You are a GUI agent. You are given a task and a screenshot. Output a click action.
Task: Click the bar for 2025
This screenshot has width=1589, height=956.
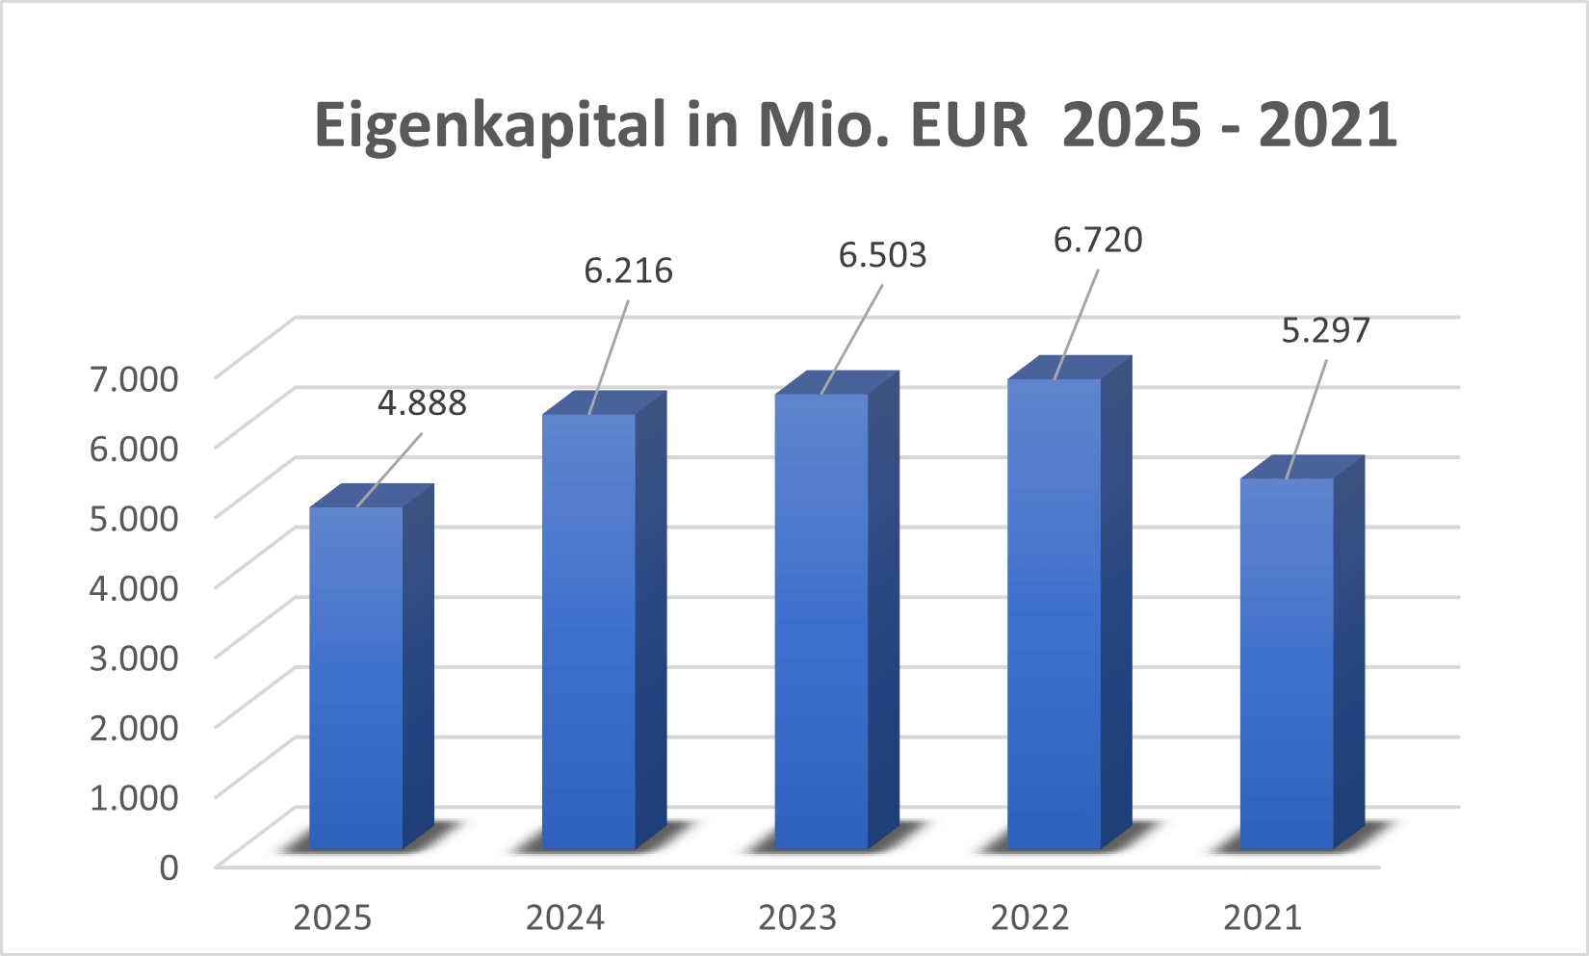click(356, 679)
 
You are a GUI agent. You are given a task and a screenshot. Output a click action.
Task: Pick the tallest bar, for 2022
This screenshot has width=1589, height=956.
click(1054, 615)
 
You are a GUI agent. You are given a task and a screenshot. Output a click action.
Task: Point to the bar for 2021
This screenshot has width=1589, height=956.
click(1287, 664)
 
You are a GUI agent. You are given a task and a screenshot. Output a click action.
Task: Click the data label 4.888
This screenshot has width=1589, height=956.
click(422, 403)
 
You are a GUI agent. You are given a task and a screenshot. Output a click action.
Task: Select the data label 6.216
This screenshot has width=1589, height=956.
click(628, 271)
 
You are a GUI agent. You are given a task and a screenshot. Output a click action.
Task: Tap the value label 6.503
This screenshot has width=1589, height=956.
click(882, 256)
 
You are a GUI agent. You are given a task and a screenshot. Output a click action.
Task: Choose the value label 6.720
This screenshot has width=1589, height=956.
click(1098, 241)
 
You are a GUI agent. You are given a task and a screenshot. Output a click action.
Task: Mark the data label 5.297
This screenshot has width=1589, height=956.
click(1325, 331)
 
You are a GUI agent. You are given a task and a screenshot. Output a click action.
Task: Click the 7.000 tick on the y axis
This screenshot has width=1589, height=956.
click(134, 378)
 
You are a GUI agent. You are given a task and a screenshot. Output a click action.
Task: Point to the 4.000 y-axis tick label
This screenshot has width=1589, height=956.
click(134, 587)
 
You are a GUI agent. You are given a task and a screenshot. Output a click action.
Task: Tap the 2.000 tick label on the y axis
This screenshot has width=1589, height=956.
click(134, 727)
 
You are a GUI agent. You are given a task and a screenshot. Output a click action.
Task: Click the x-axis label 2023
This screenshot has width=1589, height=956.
click(797, 918)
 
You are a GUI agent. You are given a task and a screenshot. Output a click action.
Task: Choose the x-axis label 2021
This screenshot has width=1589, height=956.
click(1263, 918)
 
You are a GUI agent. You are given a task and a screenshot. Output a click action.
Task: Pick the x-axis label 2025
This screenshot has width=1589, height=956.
click(332, 918)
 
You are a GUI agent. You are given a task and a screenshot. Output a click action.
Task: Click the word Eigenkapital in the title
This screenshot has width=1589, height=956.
click(490, 126)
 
